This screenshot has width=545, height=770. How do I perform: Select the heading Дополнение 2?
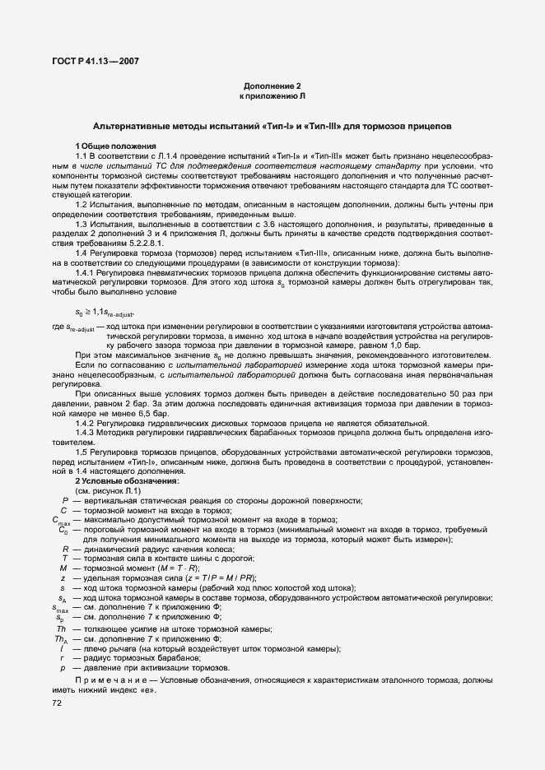[x=272, y=86]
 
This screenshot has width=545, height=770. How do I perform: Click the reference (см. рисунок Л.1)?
[x=108, y=490]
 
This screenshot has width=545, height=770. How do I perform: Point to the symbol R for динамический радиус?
[x=65, y=548]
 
